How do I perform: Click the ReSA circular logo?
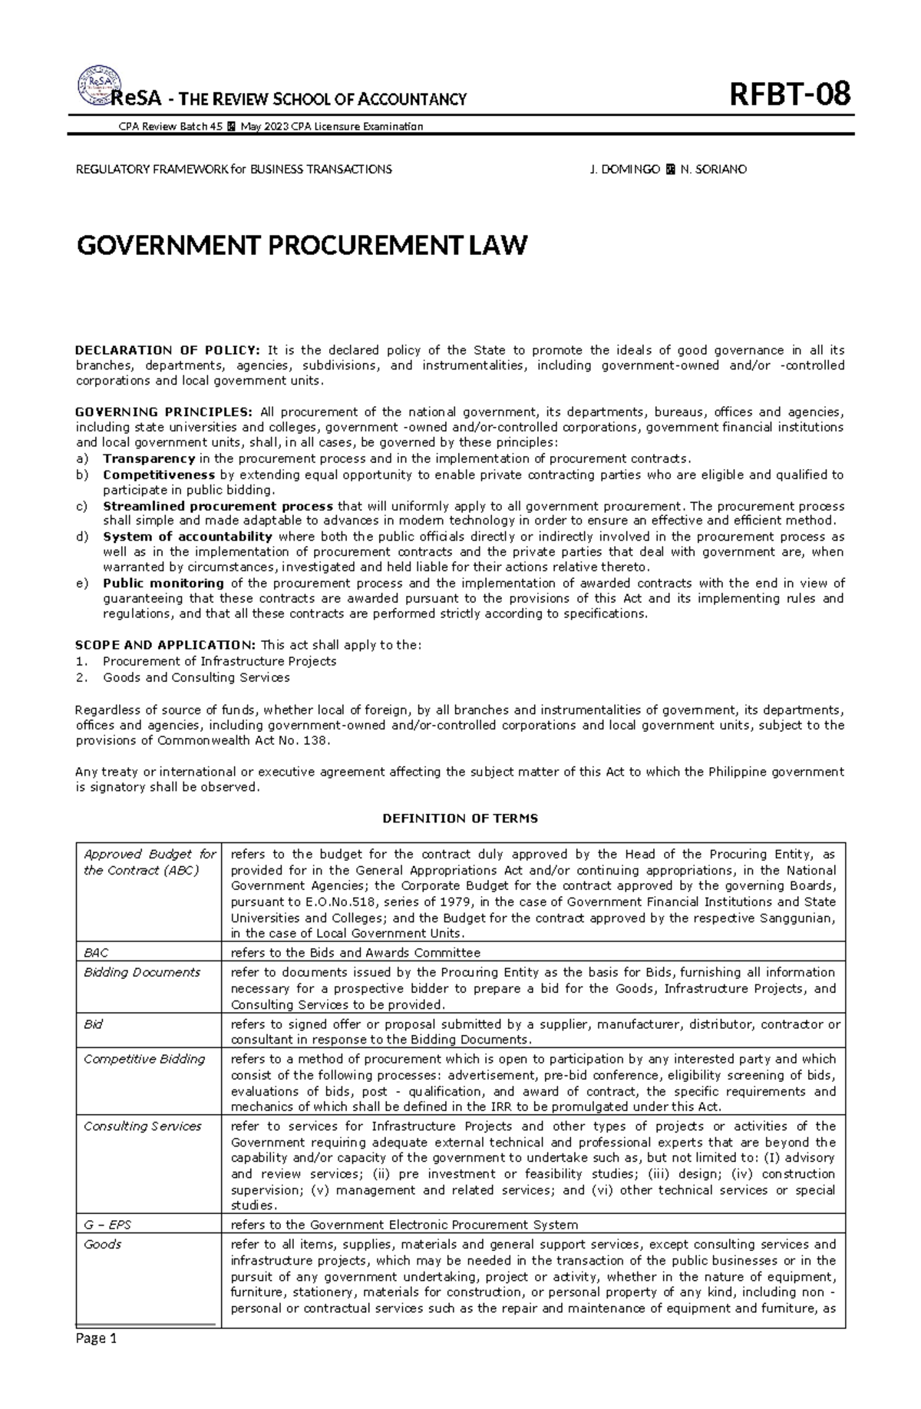[x=96, y=87]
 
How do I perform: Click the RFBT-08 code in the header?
[x=790, y=96]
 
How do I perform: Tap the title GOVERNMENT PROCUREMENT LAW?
[x=302, y=246]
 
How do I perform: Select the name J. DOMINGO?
[x=624, y=169]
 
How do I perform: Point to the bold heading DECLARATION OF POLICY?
[x=167, y=350]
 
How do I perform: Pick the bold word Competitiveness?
[x=159, y=475]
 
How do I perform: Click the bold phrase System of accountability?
[x=187, y=537]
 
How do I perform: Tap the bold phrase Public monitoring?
[x=163, y=583]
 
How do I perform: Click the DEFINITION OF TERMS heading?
[x=460, y=819]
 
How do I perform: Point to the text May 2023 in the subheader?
[x=259, y=127]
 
